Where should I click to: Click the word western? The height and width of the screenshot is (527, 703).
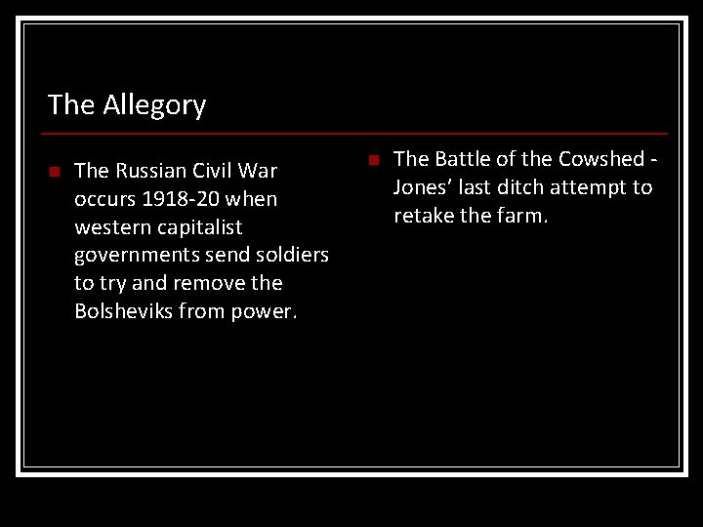(111, 227)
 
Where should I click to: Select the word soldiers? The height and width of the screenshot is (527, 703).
(289, 256)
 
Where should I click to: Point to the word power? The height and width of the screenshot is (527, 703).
(266, 312)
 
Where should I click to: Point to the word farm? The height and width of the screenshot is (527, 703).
(523, 215)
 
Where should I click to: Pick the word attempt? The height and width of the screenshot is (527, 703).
(591, 187)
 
